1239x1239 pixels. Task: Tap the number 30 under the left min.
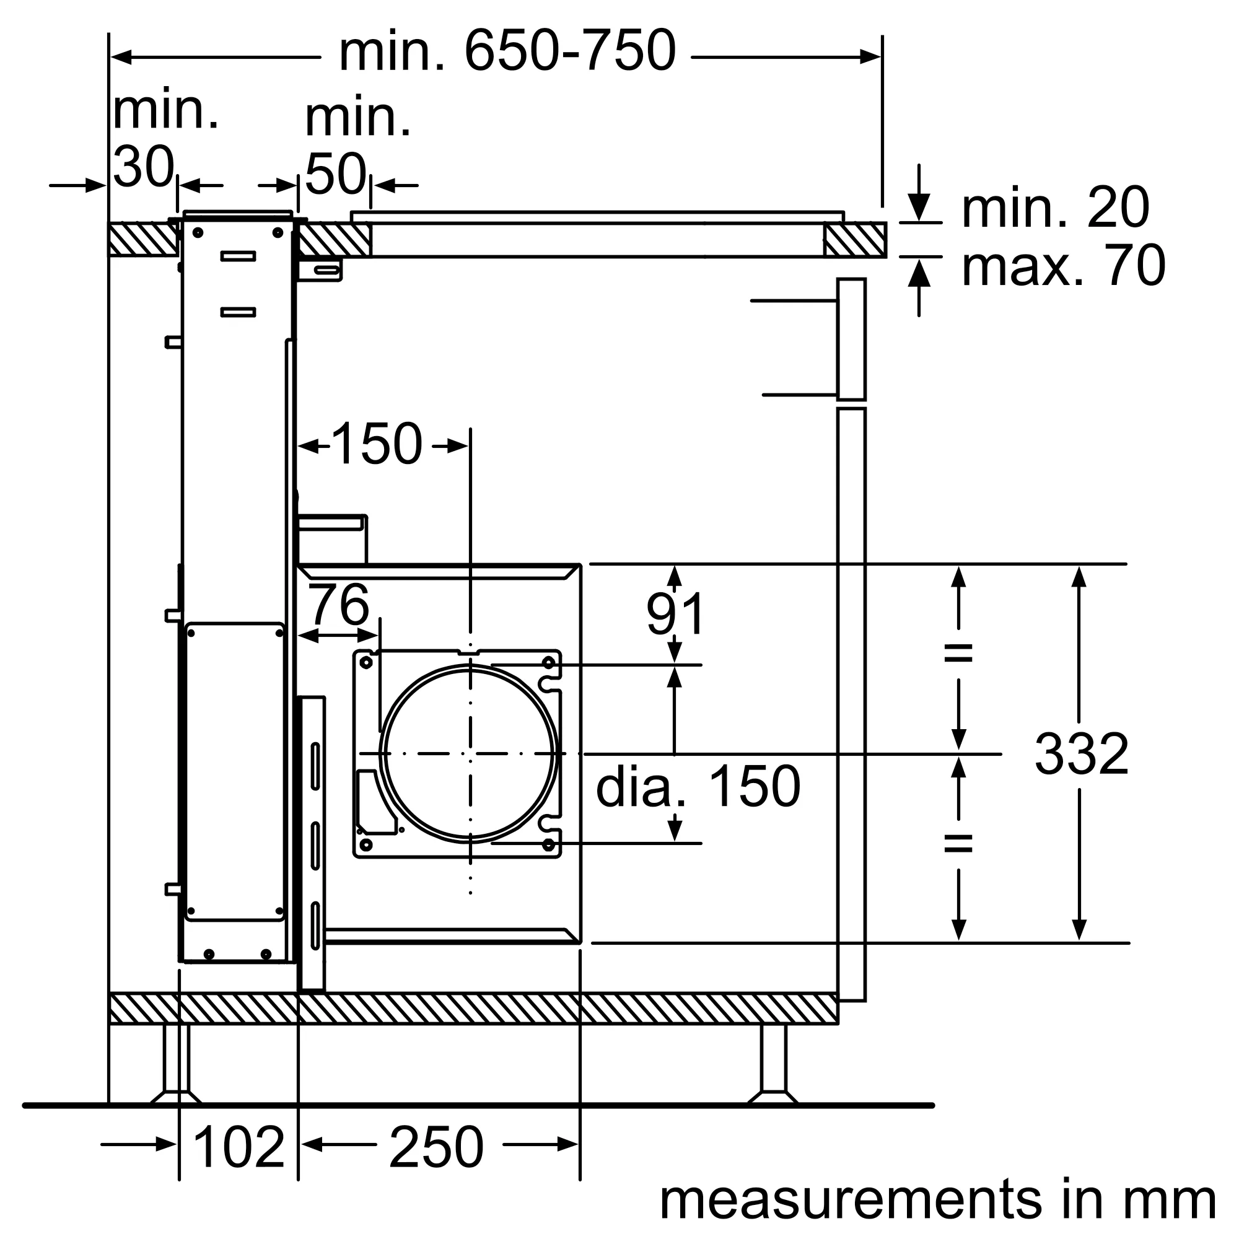[143, 167]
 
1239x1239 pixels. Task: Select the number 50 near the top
[335, 175]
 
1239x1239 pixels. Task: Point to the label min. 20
[1055, 208]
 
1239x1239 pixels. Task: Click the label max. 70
[1062, 266]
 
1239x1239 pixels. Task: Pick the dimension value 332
[1081, 755]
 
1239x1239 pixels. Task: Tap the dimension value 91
[675, 615]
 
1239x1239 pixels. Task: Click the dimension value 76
[339, 605]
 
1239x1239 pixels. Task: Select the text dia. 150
[698, 787]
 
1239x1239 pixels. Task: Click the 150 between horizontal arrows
[377, 444]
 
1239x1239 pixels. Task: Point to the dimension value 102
[238, 1147]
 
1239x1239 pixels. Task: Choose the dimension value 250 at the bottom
[436, 1147]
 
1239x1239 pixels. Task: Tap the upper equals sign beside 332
[958, 654]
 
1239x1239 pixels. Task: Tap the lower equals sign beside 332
[958, 843]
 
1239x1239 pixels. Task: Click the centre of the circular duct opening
[470, 753]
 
